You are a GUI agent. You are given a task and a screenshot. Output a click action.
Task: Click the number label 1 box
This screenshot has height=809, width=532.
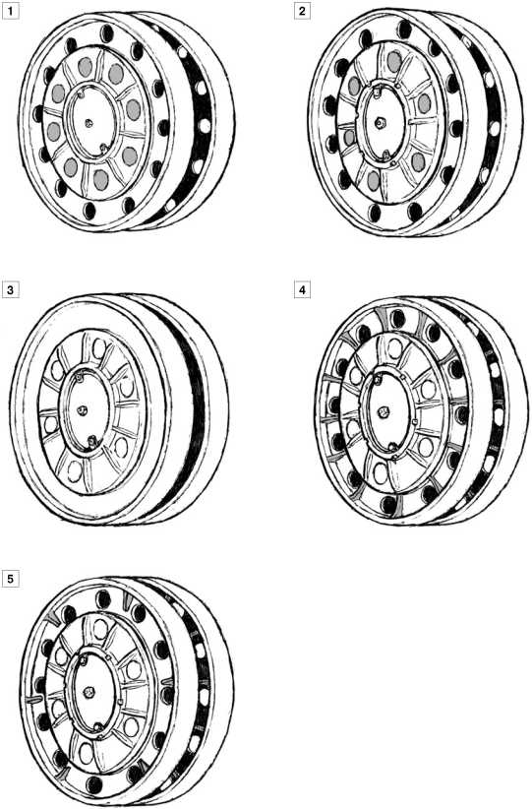(x=10, y=10)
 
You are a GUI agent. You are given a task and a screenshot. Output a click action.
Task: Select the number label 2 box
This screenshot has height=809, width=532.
(x=303, y=10)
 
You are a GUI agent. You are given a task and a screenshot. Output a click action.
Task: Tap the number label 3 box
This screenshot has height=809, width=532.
(x=10, y=289)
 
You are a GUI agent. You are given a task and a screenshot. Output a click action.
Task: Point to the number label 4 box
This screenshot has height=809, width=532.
(x=303, y=289)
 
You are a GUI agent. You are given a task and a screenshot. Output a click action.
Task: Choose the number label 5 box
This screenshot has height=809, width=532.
(x=10, y=578)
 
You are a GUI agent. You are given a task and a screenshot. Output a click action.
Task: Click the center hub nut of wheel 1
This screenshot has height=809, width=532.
(x=89, y=123)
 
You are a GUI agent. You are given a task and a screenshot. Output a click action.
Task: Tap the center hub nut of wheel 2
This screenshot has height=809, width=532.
(x=381, y=123)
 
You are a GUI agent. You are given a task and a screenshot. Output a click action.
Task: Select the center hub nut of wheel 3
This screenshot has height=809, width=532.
(x=82, y=409)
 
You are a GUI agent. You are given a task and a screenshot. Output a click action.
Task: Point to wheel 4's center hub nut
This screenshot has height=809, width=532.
(x=383, y=412)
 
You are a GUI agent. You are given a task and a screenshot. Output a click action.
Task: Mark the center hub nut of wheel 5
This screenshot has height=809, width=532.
(x=89, y=690)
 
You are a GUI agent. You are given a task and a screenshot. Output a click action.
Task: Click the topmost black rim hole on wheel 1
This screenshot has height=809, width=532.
(x=107, y=33)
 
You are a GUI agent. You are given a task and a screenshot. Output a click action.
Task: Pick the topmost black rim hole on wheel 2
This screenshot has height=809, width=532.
(x=404, y=29)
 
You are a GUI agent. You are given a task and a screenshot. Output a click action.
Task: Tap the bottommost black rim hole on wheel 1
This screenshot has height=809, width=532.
(x=89, y=211)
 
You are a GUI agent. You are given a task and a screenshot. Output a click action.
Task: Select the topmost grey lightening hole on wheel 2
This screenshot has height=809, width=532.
(x=394, y=61)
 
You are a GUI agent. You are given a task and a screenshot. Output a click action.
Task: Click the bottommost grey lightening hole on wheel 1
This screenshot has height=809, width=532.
(x=101, y=179)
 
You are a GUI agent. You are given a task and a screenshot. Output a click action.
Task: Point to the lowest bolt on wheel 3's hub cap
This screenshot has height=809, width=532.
(x=91, y=441)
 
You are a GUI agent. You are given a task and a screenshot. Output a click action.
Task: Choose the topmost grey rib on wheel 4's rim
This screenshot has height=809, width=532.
(x=383, y=313)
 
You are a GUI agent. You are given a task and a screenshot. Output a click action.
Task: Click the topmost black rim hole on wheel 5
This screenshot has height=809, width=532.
(x=103, y=598)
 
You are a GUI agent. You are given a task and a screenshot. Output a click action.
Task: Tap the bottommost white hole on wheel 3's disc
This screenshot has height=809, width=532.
(x=75, y=469)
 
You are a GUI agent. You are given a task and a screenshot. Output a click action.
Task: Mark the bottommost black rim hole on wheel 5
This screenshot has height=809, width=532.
(x=93, y=784)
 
